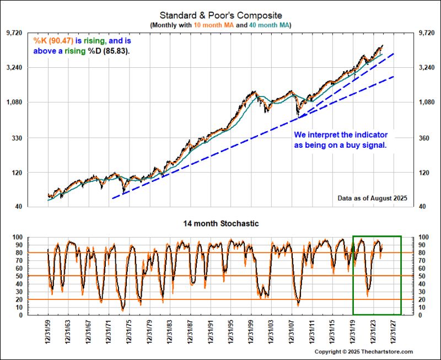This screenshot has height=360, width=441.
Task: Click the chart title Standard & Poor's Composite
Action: click(220, 15)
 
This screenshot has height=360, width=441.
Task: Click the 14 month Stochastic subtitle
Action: click(220, 224)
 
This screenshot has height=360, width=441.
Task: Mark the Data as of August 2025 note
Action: click(372, 198)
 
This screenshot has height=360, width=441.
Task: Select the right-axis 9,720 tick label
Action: click(428, 33)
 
